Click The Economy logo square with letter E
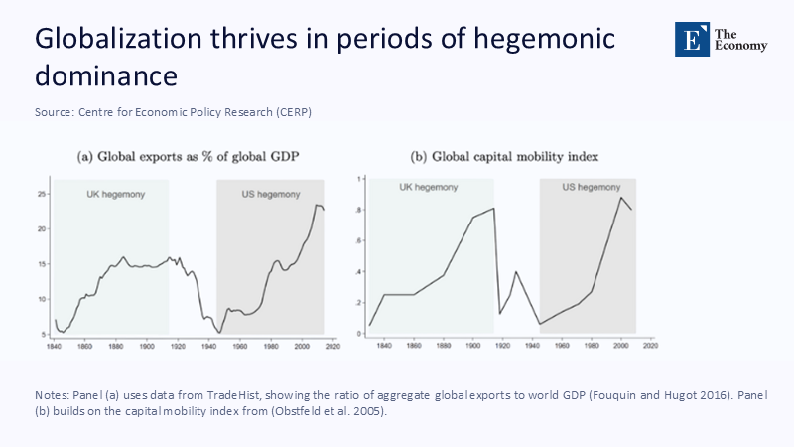[x=690, y=38]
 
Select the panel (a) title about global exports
[x=189, y=157]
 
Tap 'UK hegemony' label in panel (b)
[x=429, y=188]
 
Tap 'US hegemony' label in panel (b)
[x=591, y=188]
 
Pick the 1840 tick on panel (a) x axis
[x=54, y=346]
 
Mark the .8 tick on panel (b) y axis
[x=358, y=210]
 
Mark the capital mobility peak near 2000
[x=621, y=197]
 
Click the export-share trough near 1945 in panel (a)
[x=220, y=331]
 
